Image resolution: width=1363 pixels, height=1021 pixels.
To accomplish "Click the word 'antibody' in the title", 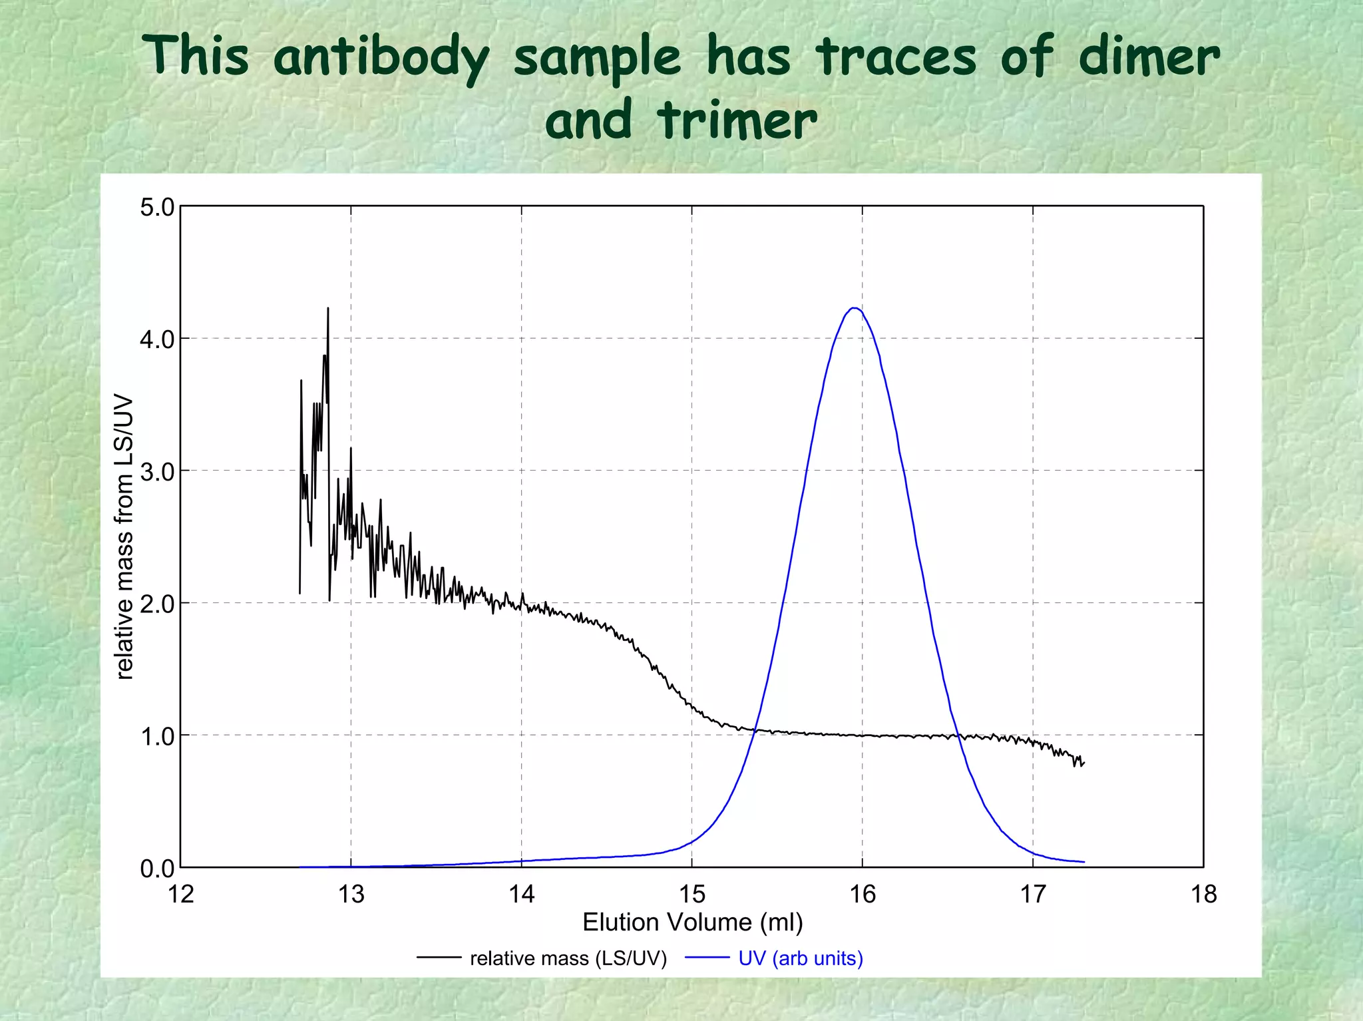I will [381, 57].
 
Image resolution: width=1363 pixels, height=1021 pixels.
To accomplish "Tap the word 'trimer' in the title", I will [736, 120].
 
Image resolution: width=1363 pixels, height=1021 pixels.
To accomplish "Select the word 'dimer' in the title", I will [1149, 57].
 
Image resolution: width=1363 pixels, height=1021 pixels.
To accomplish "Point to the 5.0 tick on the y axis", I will [157, 207].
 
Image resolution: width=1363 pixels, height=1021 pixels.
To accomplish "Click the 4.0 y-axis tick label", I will [157, 339].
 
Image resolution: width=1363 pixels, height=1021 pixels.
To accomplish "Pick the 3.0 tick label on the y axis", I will [157, 471].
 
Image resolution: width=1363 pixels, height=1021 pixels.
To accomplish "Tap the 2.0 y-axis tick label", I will [157, 604].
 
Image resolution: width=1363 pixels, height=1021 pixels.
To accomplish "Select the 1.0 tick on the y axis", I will [157, 736].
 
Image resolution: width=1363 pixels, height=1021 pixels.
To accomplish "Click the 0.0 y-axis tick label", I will [157, 868].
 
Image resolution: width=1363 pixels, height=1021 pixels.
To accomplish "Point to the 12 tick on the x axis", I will [181, 895].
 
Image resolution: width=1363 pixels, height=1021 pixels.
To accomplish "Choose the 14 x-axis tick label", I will [522, 895].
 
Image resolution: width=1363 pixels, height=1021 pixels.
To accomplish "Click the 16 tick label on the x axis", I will [863, 895].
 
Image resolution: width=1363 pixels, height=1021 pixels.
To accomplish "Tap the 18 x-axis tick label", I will [1203, 895].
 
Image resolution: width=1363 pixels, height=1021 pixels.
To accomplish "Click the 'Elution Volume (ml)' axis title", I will [693, 922].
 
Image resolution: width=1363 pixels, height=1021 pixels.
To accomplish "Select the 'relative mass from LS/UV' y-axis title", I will [124, 537].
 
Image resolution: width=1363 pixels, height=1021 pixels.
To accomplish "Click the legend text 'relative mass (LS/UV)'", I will [568, 958].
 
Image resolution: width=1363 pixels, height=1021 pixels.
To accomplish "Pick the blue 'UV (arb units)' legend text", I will [801, 958].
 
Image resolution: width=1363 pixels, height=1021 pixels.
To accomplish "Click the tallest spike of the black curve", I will [328, 308].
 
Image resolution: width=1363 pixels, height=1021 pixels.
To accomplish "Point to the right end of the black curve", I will [1084, 763].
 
